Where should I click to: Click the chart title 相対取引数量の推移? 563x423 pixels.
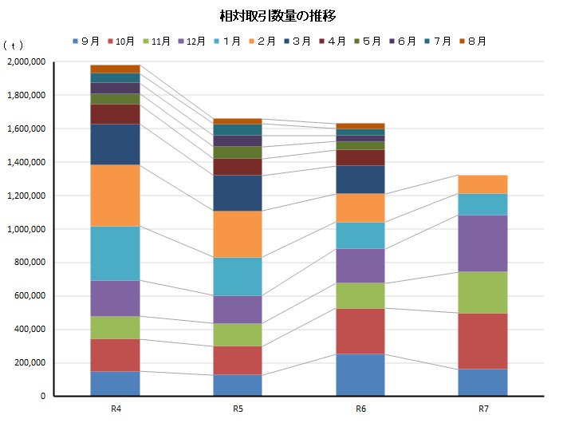pyautogui.click(x=282, y=16)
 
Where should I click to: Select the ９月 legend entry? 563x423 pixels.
pyautogui.click(x=86, y=41)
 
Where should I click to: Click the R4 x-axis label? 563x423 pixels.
pyautogui.click(x=116, y=409)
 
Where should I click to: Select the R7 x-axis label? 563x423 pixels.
pyautogui.click(x=483, y=409)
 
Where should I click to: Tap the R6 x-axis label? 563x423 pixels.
pyautogui.click(x=360, y=409)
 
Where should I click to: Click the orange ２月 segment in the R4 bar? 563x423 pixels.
pyautogui.click(x=116, y=196)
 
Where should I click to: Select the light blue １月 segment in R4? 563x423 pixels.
pyautogui.click(x=116, y=254)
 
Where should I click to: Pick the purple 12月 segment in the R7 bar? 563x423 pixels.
pyautogui.click(x=483, y=243)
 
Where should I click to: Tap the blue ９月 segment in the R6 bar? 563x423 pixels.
pyautogui.click(x=360, y=374)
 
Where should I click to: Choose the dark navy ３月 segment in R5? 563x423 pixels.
pyautogui.click(x=238, y=192)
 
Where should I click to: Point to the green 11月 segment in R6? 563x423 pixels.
pyautogui.click(x=360, y=296)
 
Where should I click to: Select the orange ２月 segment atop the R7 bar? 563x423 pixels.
pyautogui.click(x=483, y=184)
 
